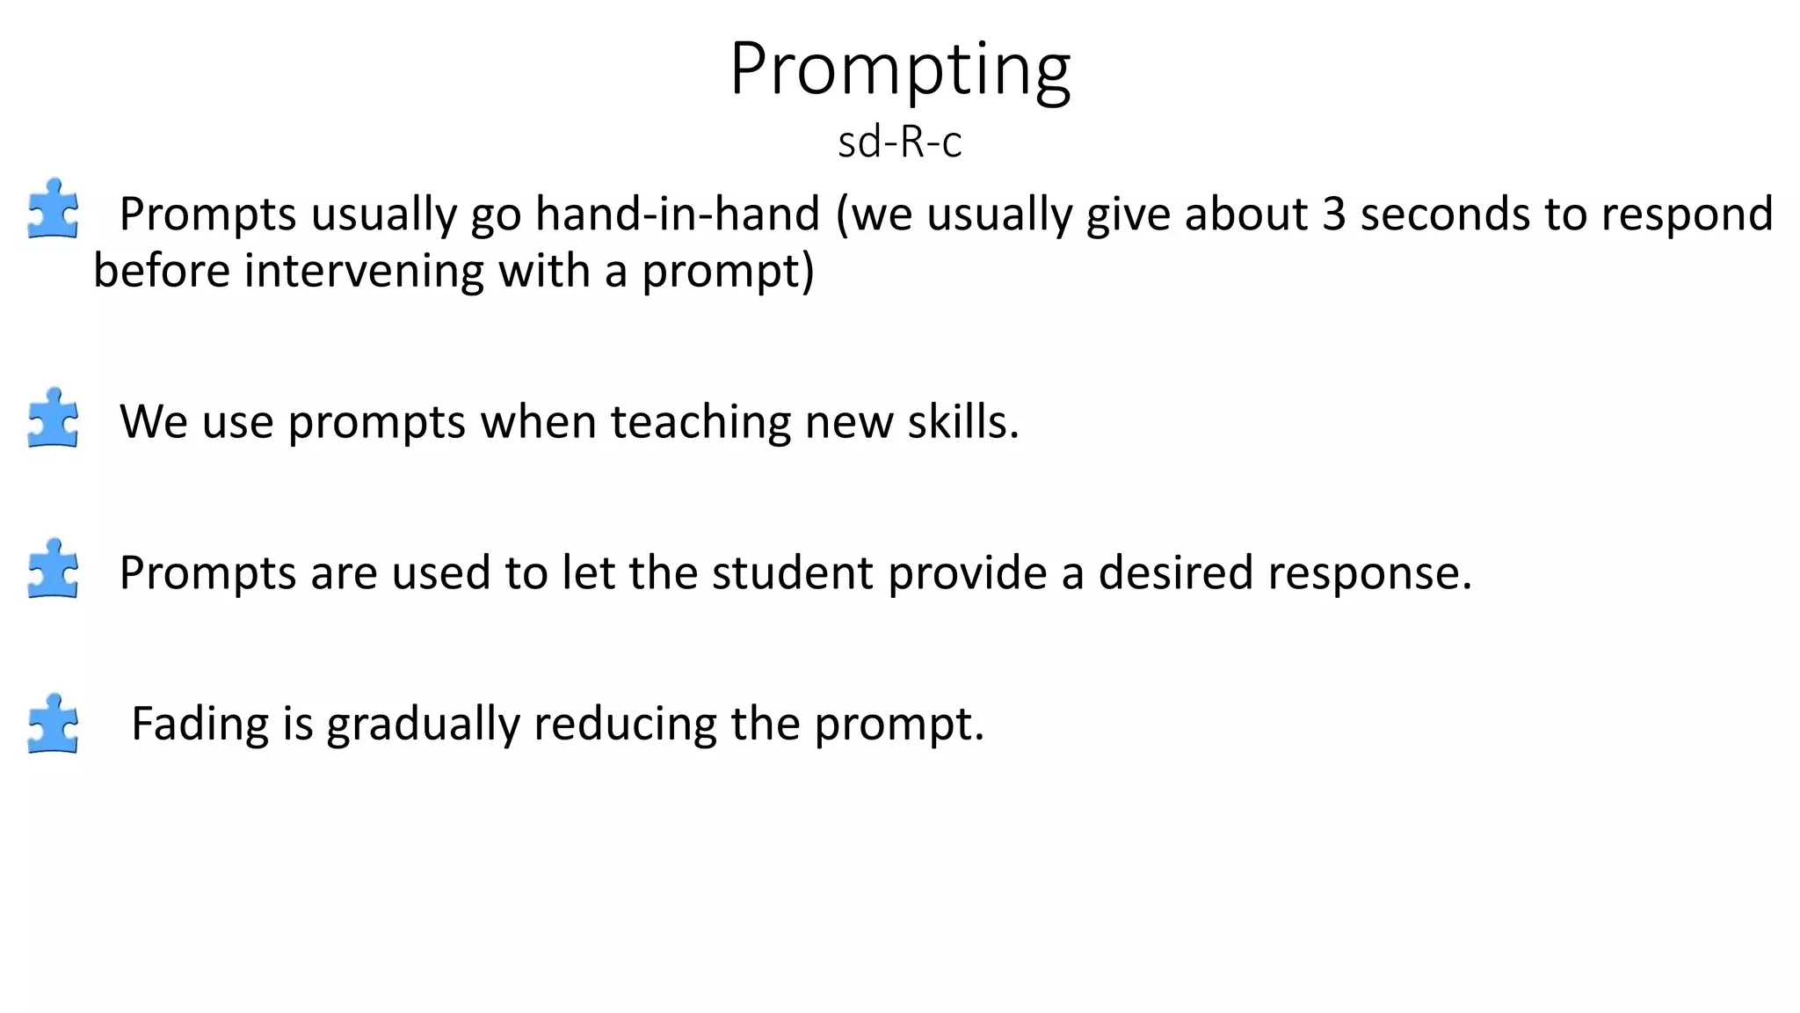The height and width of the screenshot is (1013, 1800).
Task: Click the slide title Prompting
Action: [x=900, y=70]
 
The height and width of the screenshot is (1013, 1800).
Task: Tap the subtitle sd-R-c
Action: [x=900, y=142]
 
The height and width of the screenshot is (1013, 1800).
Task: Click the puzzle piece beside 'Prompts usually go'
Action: [x=53, y=209]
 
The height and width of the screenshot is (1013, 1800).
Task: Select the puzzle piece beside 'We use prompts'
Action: [x=53, y=418]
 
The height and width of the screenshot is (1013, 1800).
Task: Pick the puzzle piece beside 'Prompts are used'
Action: [x=53, y=569]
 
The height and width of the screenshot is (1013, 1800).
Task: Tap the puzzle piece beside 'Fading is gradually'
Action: [x=53, y=724]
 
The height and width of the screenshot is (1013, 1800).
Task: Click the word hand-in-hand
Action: [x=678, y=214]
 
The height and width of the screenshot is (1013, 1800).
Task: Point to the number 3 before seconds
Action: [x=1333, y=214]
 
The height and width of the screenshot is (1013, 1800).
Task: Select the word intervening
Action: [x=364, y=270]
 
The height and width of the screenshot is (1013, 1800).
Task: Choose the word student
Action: [x=792, y=572]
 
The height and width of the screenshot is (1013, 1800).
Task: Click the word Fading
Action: [x=200, y=724]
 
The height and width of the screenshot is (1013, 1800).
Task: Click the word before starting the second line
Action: [x=162, y=270]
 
